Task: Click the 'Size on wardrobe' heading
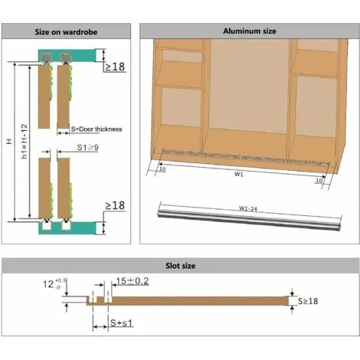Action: click(66, 32)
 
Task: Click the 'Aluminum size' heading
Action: click(250, 31)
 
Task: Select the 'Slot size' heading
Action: click(180, 266)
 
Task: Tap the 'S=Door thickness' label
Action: click(97, 129)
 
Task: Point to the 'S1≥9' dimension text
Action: click(87, 147)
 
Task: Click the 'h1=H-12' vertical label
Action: click(24, 141)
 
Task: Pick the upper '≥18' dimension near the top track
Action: click(115, 67)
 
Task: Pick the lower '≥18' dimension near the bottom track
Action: click(115, 205)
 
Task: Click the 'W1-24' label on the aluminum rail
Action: click(248, 208)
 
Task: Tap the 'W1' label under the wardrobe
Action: click(239, 174)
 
